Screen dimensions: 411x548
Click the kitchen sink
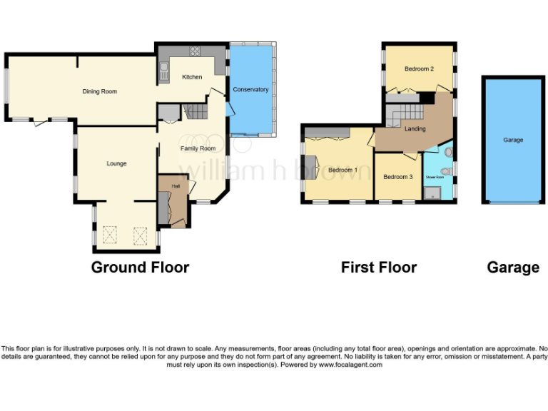(163, 69)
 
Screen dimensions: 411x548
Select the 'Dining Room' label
(100, 91)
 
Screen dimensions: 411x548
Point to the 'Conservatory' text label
(250, 89)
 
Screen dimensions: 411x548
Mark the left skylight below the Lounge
(110, 234)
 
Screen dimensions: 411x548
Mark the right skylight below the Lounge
(141, 234)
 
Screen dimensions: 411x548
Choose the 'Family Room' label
(198, 148)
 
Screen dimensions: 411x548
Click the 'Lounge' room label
(116, 163)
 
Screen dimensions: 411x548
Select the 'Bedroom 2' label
(419, 68)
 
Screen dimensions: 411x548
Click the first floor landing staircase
(405, 113)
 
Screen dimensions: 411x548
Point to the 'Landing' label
(415, 129)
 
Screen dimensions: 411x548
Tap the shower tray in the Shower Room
(432, 192)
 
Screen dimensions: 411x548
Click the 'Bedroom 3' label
(397, 176)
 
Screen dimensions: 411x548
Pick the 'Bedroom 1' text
(342, 170)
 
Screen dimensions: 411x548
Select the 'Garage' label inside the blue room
(513, 140)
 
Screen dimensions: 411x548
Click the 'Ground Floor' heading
(140, 268)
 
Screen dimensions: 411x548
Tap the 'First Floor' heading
(379, 268)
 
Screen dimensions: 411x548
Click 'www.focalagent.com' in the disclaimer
(350, 365)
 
